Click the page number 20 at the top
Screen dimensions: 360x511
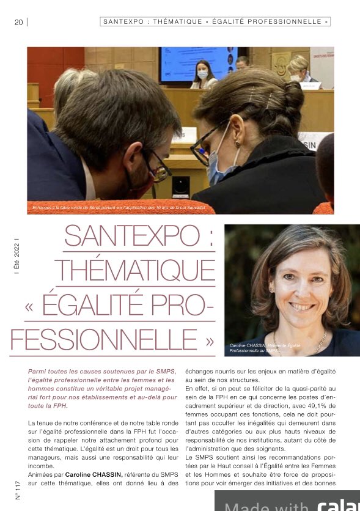(x=18, y=22)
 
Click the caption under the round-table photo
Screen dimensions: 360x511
(x=122, y=208)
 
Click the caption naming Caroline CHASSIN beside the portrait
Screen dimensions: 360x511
(x=257, y=348)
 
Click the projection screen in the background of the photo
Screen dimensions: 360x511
(x=199, y=64)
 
